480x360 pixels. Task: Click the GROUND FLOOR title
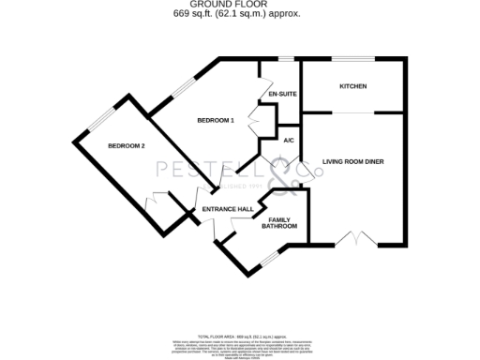coord(239,5)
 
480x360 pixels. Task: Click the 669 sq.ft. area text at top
coord(239,14)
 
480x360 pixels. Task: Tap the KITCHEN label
coord(352,87)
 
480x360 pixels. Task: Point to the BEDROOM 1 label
coord(215,121)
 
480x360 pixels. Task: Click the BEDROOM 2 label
coord(126,146)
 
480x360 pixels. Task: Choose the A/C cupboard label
coord(289,140)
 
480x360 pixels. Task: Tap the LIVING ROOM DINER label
coord(352,161)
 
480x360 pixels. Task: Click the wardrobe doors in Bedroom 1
coord(253,123)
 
